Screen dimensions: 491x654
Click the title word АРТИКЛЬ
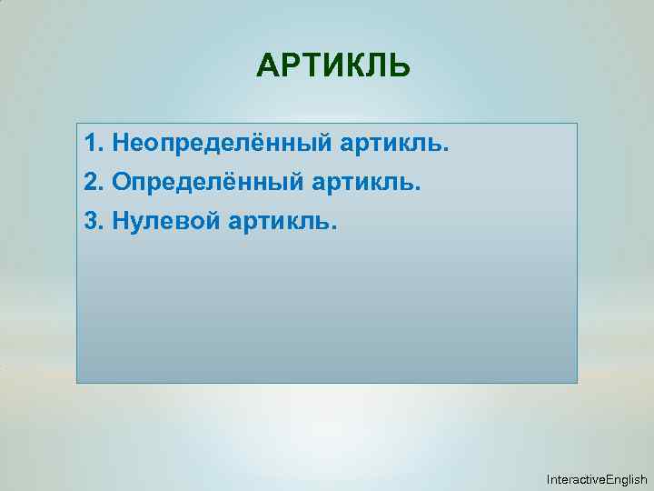(333, 67)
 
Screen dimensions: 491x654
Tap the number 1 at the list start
(89, 143)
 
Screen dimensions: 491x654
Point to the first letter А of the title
(268, 67)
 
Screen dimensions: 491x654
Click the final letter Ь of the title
(400, 67)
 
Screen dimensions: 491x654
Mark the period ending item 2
(419, 187)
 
